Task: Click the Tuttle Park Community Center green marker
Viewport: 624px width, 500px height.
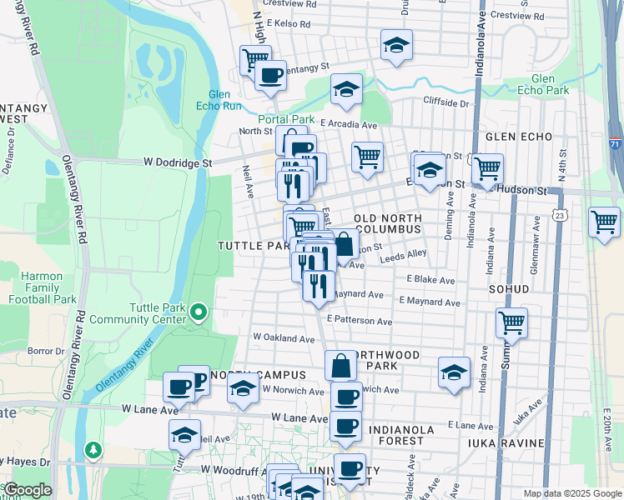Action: point(199,312)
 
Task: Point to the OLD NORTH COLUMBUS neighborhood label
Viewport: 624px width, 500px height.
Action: point(388,223)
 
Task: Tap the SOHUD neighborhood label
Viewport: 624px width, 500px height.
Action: point(510,289)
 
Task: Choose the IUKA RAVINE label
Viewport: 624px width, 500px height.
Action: point(506,442)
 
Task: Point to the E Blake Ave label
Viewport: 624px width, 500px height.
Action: point(430,281)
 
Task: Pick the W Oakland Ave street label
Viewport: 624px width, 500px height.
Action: point(284,338)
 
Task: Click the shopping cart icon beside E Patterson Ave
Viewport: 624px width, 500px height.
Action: point(511,322)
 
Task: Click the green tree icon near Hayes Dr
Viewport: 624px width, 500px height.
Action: point(93,451)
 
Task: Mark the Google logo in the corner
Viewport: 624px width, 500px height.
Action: point(28,490)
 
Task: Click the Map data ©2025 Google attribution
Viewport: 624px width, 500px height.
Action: point(571,493)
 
